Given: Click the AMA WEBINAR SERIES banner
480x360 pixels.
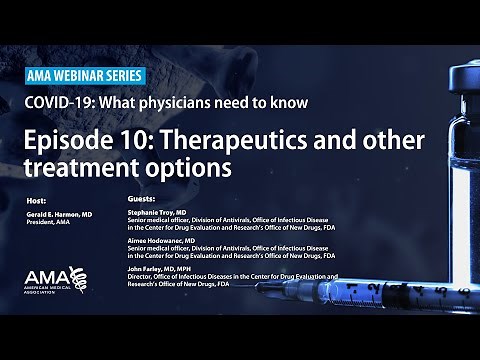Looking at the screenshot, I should [84, 76].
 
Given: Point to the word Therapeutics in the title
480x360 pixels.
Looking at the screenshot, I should [245, 136].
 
